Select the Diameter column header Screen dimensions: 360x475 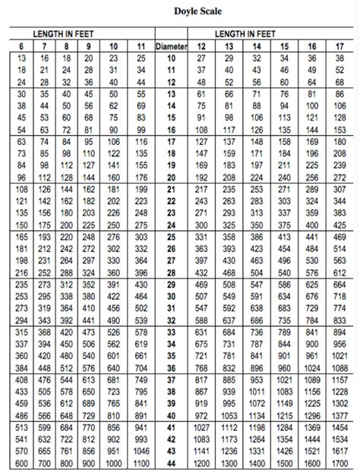pos(171,46)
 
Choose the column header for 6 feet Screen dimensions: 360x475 pos(21,46)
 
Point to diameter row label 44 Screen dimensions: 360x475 pos(171,463)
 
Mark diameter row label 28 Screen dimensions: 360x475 pos(171,272)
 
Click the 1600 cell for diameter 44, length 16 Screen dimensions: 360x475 pos(310,463)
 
